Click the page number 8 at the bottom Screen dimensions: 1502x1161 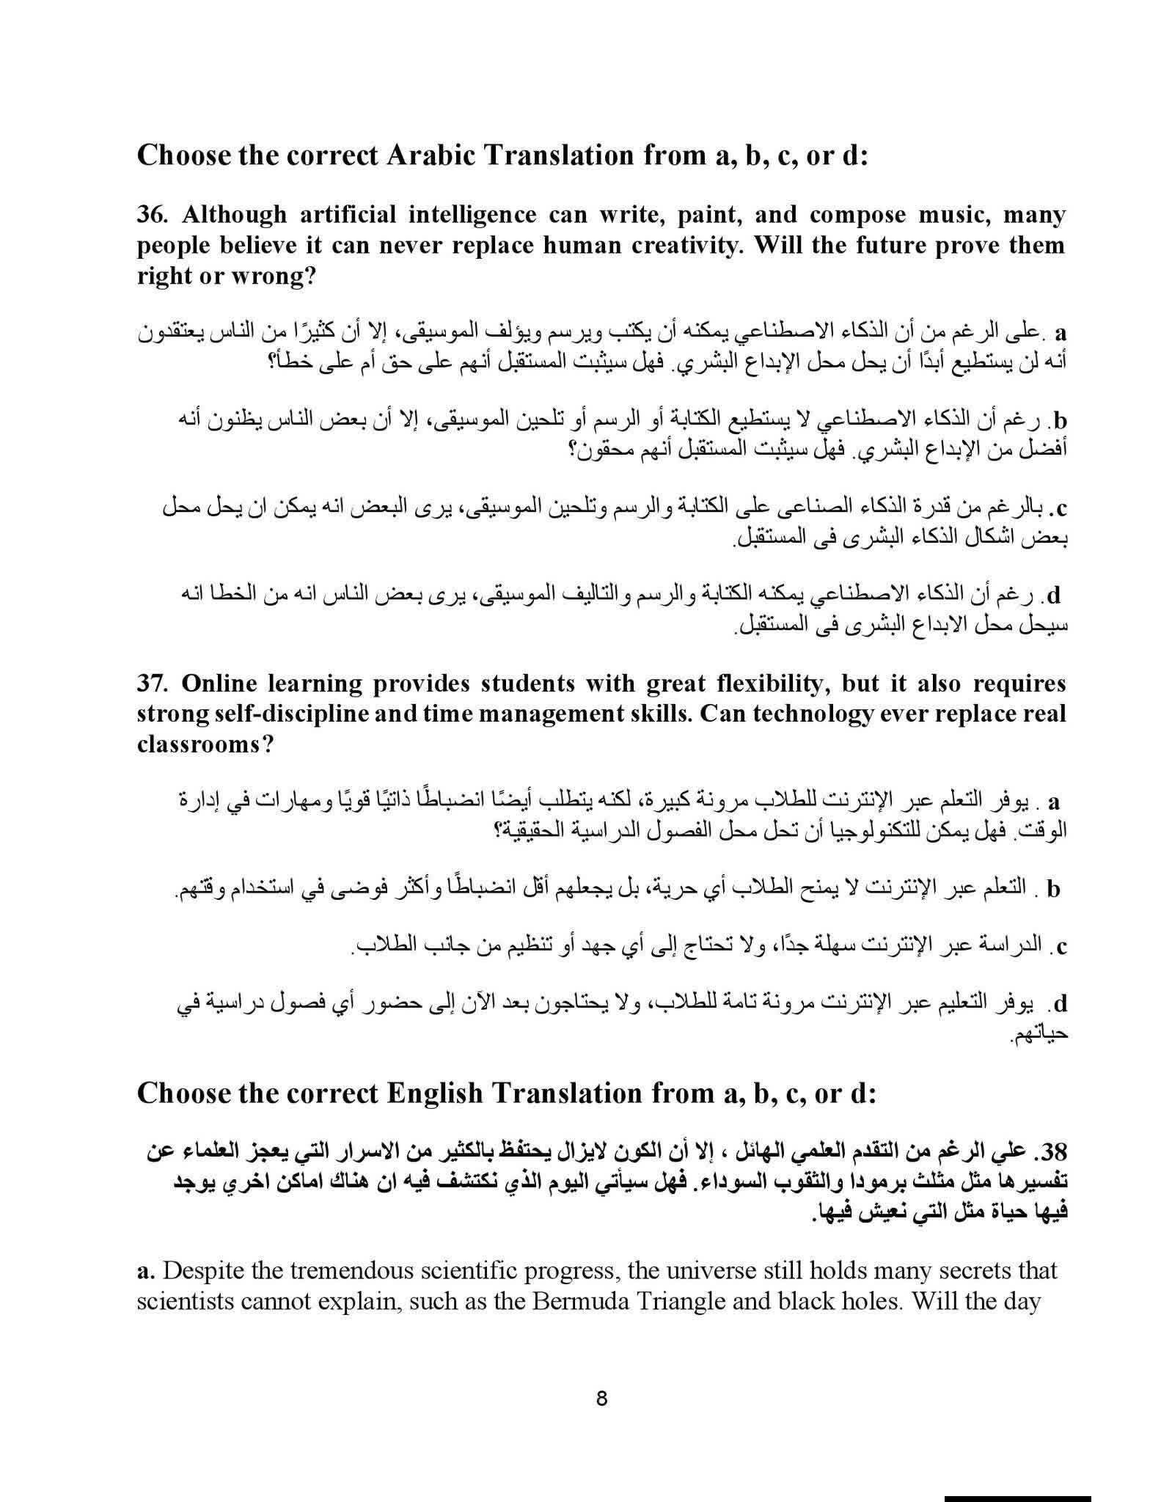[x=602, y=1399]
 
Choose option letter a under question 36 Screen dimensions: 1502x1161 [x=1060, y=334]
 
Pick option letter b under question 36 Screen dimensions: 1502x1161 [x=1058, y=422]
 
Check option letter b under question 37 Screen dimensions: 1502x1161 [x=1054, y=890]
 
